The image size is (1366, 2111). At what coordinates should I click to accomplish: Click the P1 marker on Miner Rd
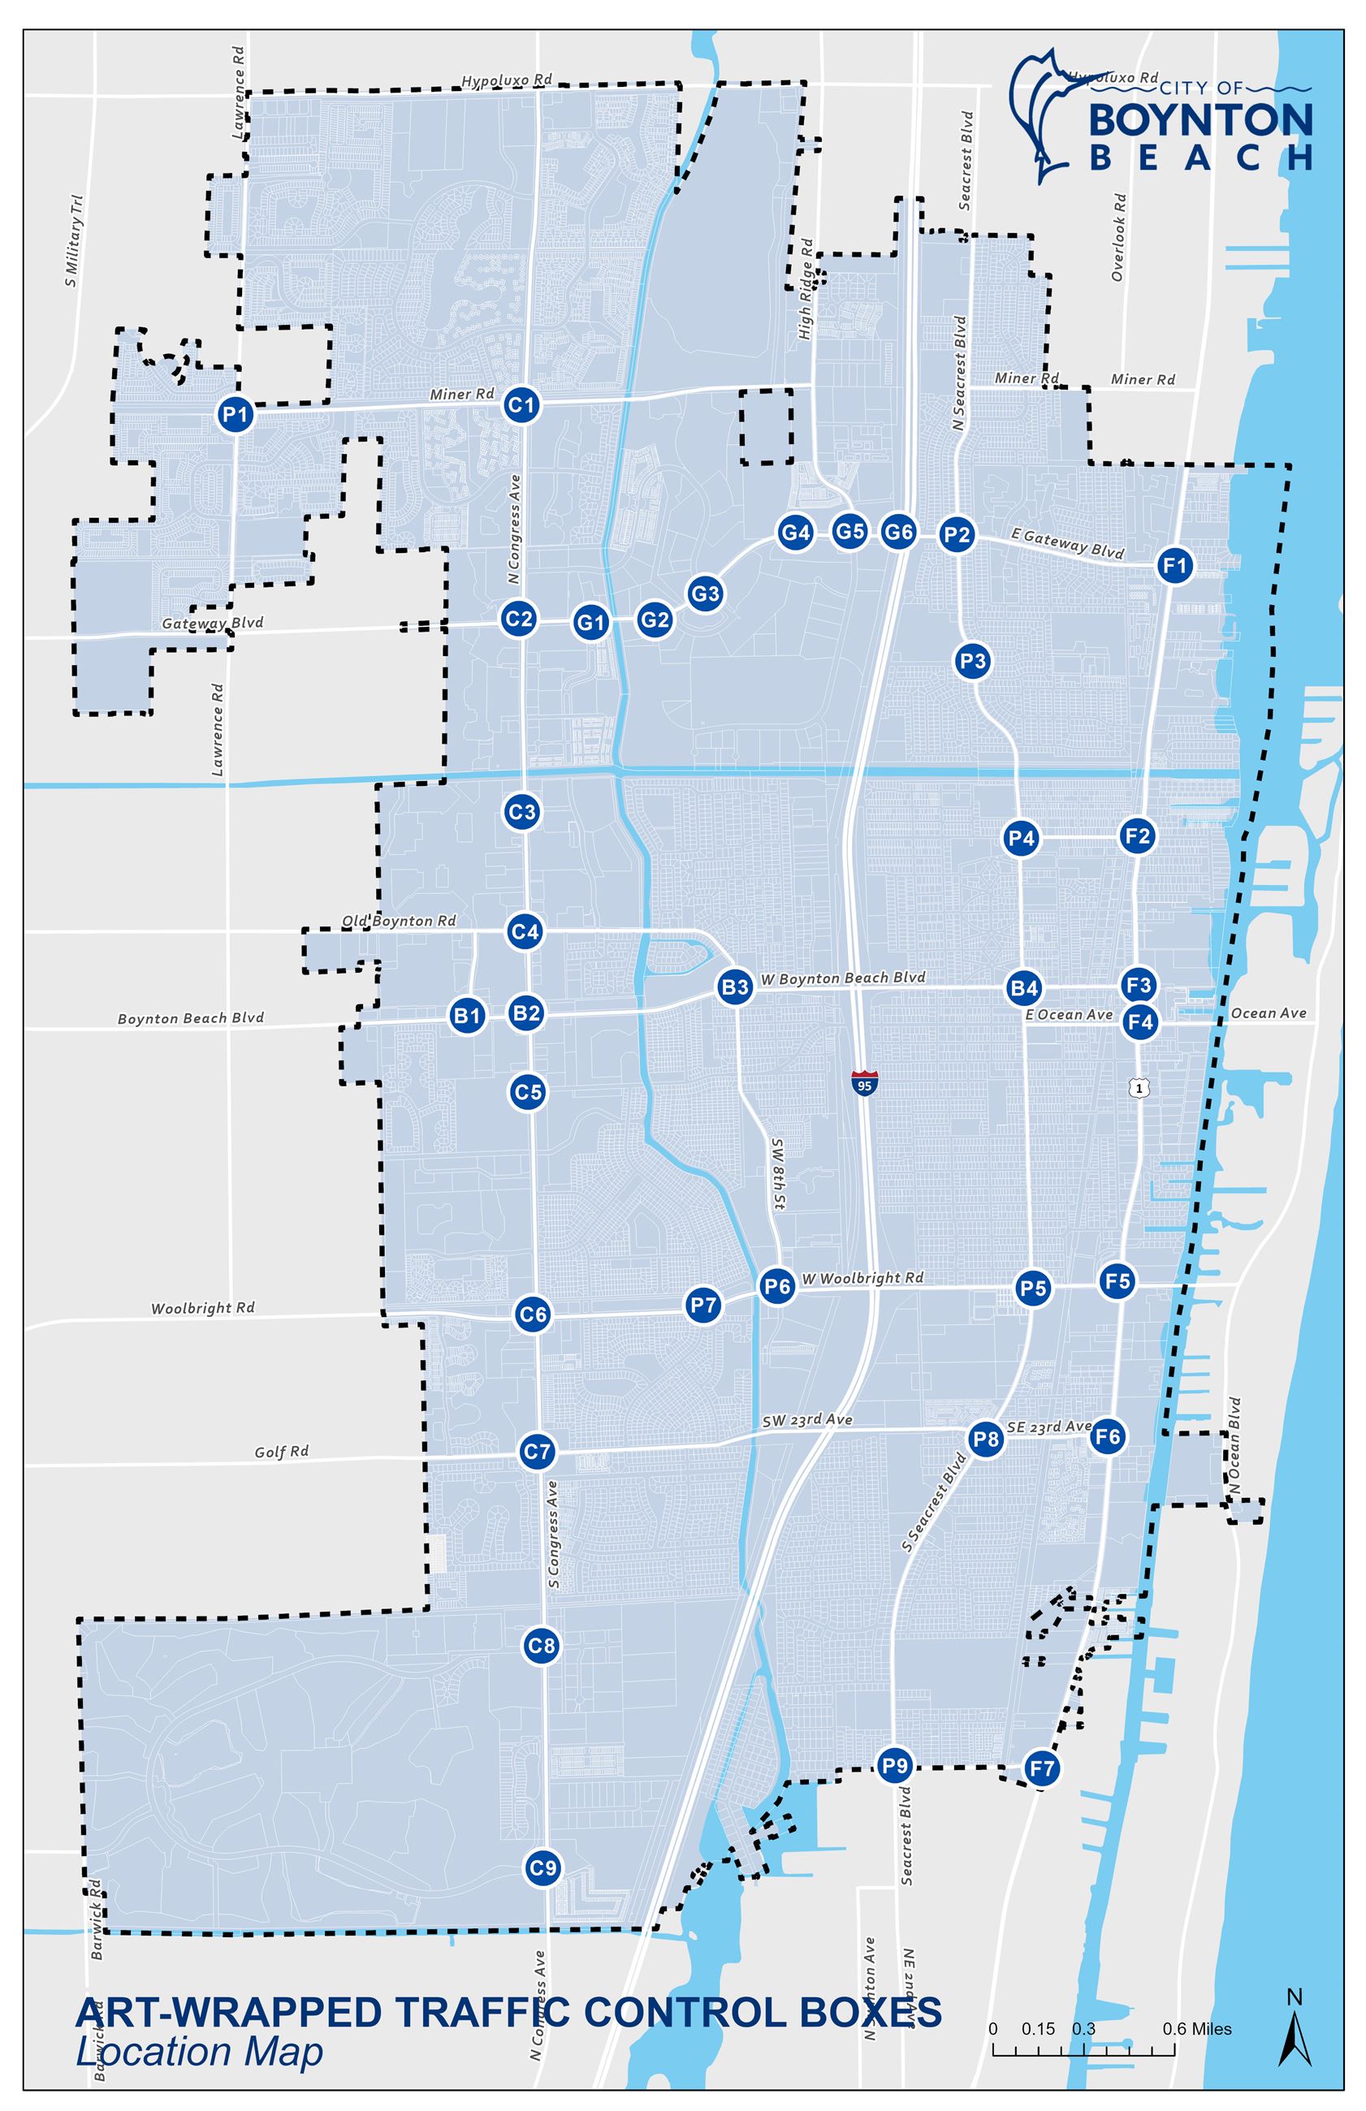235,413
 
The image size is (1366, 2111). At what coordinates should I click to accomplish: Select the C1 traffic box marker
521,405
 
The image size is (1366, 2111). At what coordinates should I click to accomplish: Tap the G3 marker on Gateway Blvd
705,594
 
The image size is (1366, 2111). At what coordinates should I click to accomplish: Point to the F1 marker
1175,565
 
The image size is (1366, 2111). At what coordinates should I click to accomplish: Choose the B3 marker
735,986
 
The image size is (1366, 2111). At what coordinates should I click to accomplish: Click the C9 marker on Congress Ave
542,1868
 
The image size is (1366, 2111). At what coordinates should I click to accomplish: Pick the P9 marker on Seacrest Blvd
895,1765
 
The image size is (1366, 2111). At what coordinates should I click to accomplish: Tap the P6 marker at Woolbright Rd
777,1286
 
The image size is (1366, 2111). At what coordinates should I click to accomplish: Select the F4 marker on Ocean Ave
1139,1022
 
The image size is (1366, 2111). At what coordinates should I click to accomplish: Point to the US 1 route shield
1139,1087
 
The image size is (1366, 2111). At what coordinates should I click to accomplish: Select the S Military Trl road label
74,240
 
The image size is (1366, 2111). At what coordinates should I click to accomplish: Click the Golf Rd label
281,1452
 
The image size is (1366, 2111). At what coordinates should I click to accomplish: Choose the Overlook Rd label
1117,237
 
